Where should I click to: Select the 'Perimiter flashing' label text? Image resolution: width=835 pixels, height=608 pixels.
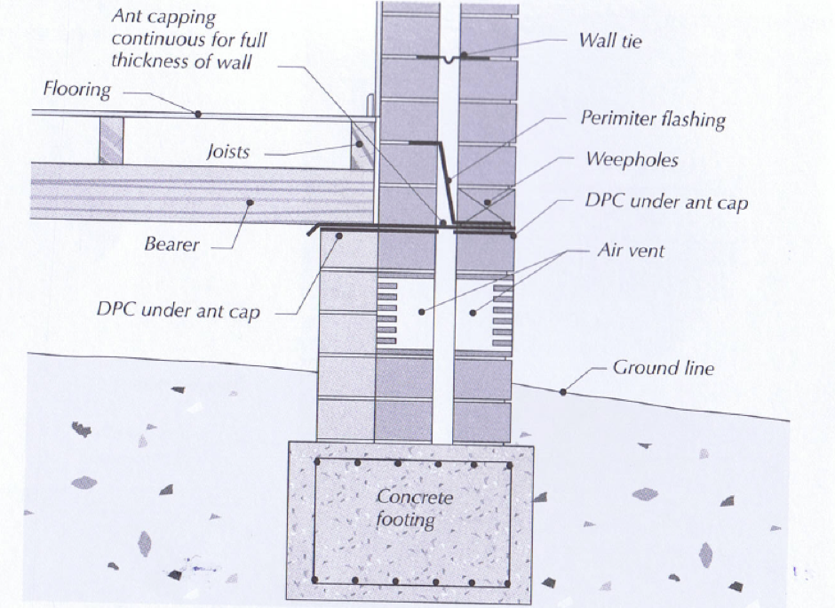(x=653, y=118)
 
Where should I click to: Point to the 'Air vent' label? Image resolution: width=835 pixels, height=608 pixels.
(x=631, y=252)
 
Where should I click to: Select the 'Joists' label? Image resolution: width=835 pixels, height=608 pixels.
(x=227, y=152)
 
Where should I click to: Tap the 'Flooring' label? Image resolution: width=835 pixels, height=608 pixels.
(x=77, y=90)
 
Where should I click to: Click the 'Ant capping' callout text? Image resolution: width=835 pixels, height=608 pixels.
(x=188, y=40)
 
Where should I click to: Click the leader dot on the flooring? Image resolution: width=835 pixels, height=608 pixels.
(x=198, y=114)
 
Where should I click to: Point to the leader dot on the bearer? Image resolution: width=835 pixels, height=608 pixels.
(x=250, y=203)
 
